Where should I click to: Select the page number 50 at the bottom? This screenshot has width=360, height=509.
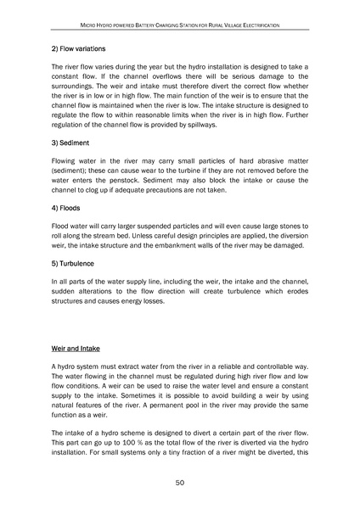180,483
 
